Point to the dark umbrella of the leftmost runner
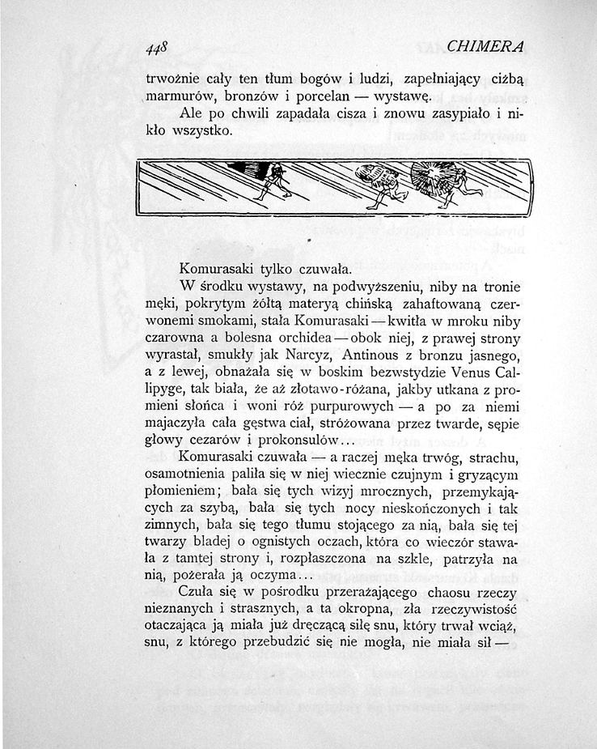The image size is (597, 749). point(250,169)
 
